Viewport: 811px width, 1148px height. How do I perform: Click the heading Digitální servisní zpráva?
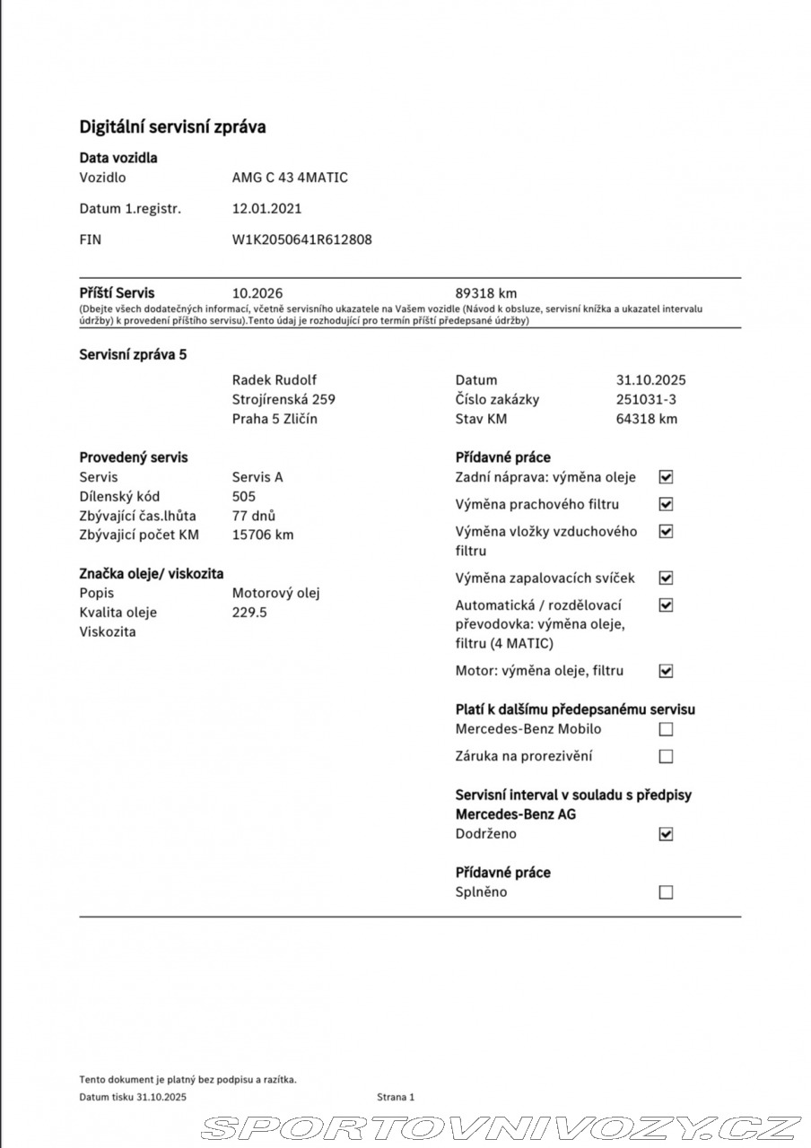pos(172,126)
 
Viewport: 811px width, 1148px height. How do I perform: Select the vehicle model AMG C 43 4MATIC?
pos(290,178)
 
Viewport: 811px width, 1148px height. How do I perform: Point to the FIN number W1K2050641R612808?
pos(301,239)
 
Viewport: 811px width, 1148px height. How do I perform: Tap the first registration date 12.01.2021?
pos(266,209)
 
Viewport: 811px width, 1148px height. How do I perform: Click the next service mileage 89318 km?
pos(486,293)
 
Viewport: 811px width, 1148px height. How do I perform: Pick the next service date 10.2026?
pos(257,293)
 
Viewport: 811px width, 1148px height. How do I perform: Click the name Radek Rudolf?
pos(274,380)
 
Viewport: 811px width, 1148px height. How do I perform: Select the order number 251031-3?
pos(646,400)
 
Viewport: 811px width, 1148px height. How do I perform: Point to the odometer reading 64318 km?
pos(647,419)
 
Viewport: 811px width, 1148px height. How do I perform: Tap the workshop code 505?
pos(243,496)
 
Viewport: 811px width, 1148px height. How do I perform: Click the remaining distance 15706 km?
pos(263,535)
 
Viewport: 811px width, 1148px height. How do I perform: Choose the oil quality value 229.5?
pos(249,613)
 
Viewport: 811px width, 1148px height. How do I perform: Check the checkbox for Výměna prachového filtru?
pos(666,505)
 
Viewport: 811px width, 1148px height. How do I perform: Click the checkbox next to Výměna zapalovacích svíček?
pos(666,578)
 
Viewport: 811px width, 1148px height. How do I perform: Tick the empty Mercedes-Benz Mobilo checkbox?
pos(666,729)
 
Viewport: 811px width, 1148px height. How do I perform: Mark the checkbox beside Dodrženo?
pos(666,834)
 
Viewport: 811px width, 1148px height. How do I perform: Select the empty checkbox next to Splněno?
pos(666,892)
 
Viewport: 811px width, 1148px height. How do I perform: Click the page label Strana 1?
pos(396,1097)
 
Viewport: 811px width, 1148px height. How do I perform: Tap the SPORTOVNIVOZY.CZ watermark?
pos(501,1127)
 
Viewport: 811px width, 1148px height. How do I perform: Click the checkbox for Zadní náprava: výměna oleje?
pos(666,477)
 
